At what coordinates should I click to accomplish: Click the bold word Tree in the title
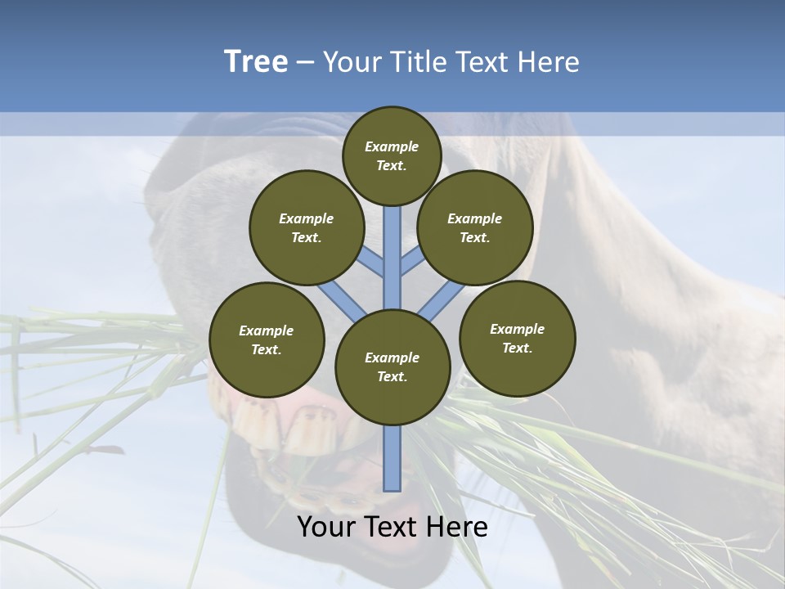(256, 62)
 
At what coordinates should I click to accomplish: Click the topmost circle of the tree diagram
(392, 155)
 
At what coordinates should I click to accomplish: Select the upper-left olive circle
(306, 227)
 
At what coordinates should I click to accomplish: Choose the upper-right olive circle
(475, 227)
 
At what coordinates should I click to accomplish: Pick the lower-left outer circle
(267, 339)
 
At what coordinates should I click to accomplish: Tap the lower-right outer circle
(517, 338)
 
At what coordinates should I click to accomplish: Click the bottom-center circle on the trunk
(392, 366)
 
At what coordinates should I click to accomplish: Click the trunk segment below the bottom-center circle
(392, 458)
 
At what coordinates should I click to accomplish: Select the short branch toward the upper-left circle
(373, 263)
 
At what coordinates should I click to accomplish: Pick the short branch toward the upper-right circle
(412, 263)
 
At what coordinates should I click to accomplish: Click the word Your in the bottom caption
(326, 528)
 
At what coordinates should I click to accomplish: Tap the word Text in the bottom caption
(392, 528)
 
